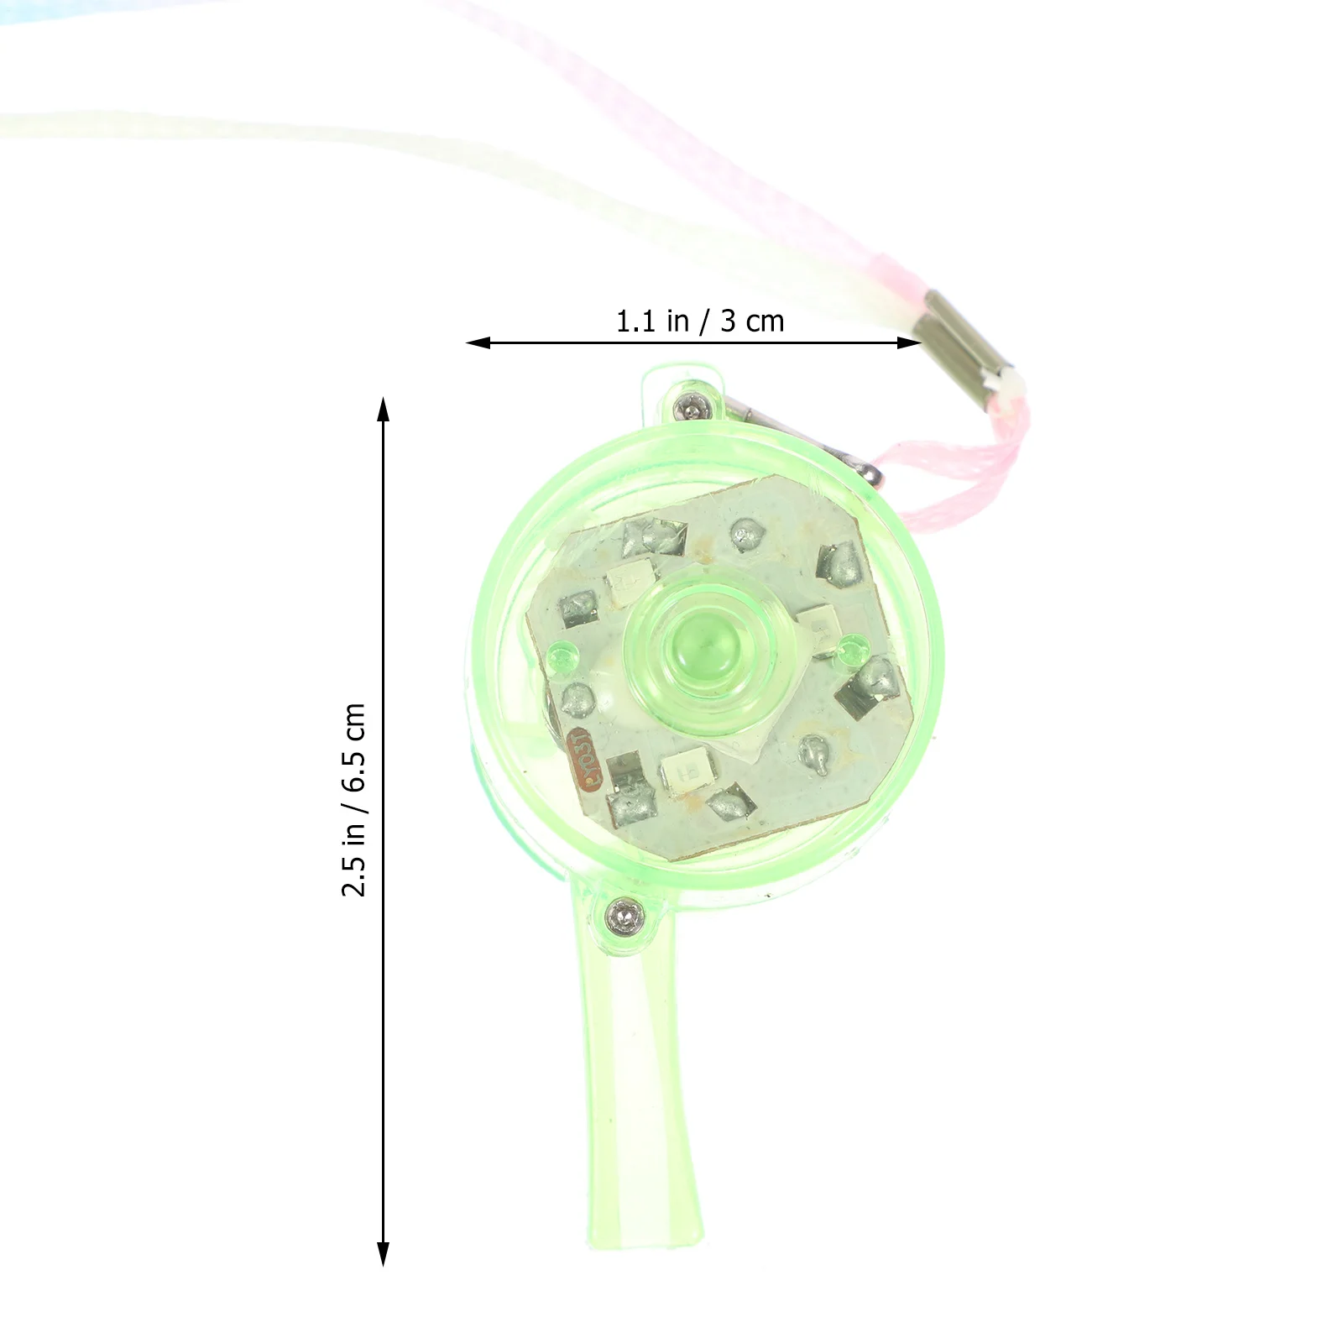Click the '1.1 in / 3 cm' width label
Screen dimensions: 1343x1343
pos(699,321)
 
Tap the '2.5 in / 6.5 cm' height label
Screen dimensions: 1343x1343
pos(354,799)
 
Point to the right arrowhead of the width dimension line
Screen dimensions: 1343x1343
pos(911,342)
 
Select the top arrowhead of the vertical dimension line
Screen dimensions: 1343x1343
pos(384,409)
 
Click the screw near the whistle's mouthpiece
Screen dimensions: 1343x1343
pos(623,913)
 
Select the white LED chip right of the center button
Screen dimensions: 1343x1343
pos(815,624)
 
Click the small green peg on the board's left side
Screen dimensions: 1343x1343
pos(561,656)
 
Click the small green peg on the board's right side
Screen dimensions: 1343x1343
pos(854,645)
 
